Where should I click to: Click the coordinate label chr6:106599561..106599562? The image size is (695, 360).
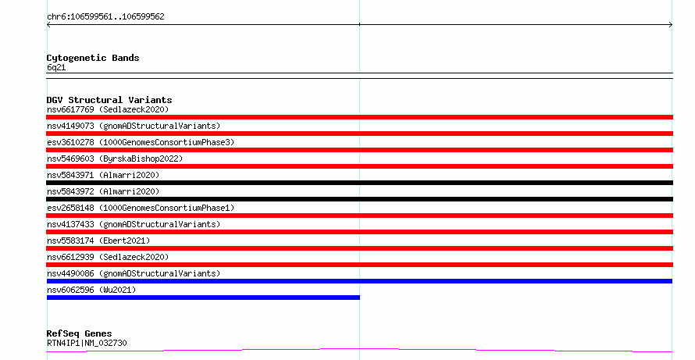point(105,17)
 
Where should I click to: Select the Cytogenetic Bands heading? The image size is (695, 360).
point(93,58)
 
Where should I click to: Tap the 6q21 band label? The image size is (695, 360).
point(56,68)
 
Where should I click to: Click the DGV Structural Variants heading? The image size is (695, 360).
point(109,100)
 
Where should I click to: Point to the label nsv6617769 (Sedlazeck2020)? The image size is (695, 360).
point(108,109)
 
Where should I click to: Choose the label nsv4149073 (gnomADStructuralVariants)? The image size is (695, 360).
point(134,126)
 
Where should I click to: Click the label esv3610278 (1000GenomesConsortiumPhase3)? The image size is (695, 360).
point(141,142)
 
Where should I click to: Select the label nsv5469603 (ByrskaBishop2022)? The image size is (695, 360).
point(115,159)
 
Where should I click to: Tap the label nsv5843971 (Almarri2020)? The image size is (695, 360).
point(103,175)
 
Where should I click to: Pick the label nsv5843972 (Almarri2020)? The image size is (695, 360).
point(103,191)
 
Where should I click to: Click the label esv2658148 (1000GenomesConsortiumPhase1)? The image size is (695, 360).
point(141,208)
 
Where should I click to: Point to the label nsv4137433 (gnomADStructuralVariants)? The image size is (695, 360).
point(134,224)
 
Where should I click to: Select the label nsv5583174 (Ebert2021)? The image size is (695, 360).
point(98,241)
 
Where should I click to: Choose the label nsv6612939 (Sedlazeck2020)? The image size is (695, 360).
point(108,257)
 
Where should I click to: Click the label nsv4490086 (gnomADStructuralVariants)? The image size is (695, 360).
point(134,273)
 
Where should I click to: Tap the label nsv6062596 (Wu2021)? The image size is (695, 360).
point(91,290)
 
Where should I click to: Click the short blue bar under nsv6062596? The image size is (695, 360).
point(203,298)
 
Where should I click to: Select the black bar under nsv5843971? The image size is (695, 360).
point(359,183)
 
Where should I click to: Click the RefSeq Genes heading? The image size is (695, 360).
point(80,334)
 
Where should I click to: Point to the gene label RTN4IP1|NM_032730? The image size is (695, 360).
point(87,343)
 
